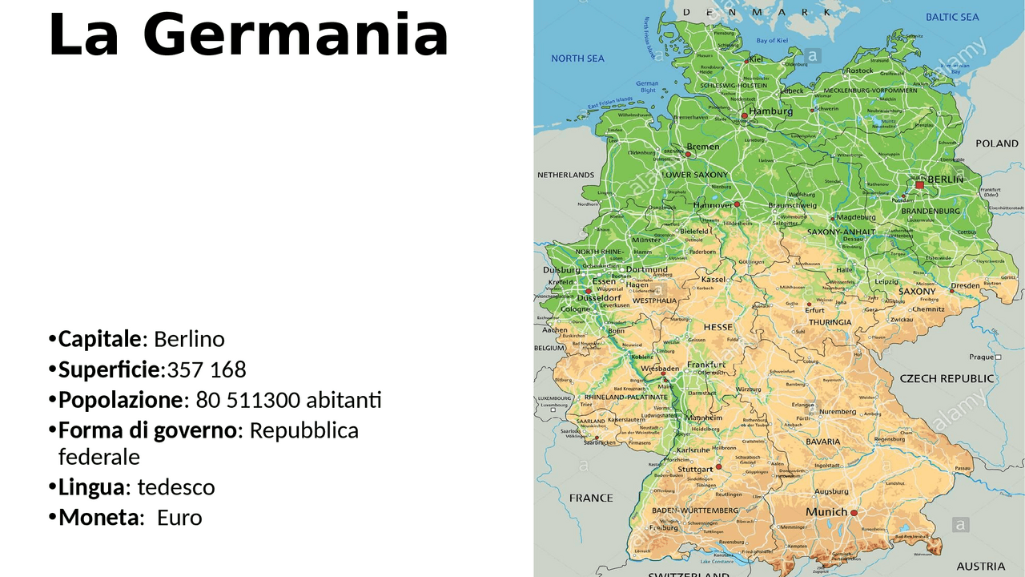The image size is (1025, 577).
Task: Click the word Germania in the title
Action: [x=295, y=36]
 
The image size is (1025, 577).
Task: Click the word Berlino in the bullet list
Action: [x=189, y=339]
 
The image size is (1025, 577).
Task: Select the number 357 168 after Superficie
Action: [x=207, y=369]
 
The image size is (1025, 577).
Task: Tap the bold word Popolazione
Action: [x=121, y=400]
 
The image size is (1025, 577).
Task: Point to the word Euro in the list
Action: [x=179, y=518]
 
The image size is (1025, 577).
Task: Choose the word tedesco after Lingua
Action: [x=176, y=487]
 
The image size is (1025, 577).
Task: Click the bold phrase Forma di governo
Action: [x=148, y=430]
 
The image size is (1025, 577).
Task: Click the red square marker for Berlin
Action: [x=919, y=185]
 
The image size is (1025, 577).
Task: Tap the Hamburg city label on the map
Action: [x=770, y=111]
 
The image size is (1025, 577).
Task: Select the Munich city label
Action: [x=826, y=512]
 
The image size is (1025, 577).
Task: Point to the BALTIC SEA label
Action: [x=952, y=17]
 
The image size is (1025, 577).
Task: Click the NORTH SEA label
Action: [x=577, y=59]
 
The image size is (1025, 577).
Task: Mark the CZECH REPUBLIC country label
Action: [x=947, y=378]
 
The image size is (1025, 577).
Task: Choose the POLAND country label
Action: [x=996, y=143]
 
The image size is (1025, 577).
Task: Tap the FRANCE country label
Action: [x=591, y=498]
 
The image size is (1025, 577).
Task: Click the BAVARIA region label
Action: [x=822, y=442]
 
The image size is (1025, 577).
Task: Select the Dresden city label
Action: [x=965, y=286]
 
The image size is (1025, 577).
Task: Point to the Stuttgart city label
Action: [x=694, y=470]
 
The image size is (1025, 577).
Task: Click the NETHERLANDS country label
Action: [x=565, y=175]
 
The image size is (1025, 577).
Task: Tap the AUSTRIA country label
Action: [x=980, y=567]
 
